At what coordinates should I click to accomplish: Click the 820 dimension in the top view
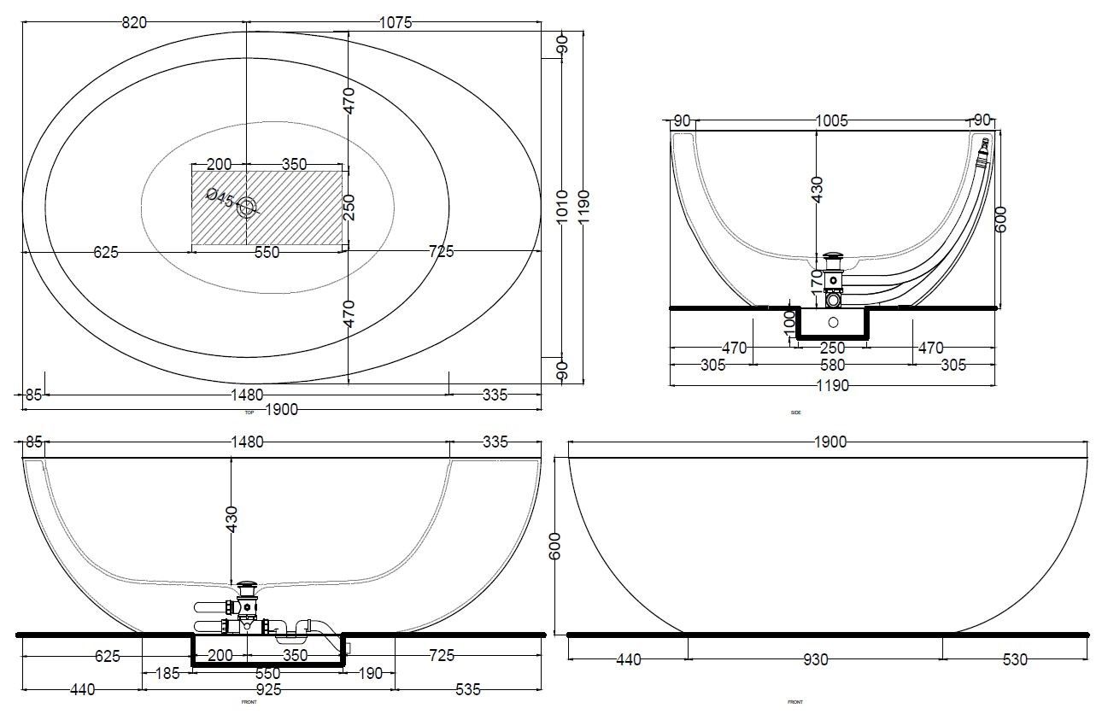tap(134, 23)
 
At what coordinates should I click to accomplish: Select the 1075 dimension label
tap(395, 23)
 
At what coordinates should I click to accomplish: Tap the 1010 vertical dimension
tap(562, 205)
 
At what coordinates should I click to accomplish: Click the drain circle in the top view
tap(247, 206)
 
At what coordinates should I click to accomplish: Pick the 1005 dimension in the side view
tap(831, 121)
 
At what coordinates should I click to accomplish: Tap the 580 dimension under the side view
tap(831, 365)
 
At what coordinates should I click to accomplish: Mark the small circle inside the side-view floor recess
tap(833, 323)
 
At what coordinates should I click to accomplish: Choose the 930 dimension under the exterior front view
tap(816, 659)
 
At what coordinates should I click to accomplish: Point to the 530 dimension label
tap(1011, 659)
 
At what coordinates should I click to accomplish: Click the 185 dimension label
tap(167, 673)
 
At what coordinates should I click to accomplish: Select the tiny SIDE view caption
tap(795, 413)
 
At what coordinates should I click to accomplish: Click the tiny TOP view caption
tap(249, 413)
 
